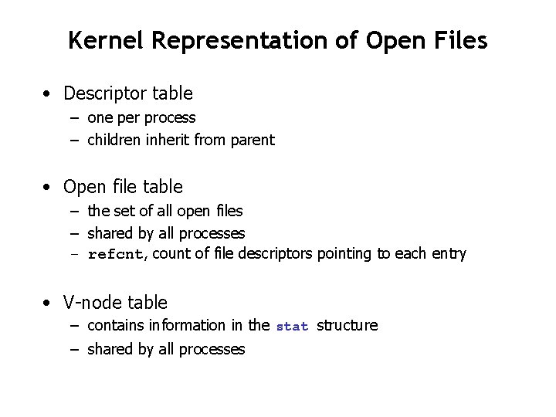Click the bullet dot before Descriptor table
49,94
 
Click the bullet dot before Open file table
49,187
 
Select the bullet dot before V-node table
49,303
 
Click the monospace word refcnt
115,255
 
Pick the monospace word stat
292,327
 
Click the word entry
449,254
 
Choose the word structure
347,325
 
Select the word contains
114,325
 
